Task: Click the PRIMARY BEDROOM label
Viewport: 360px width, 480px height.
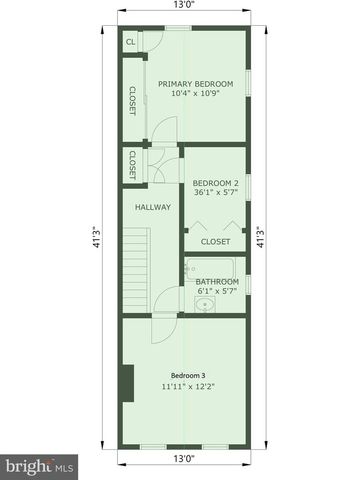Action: [x=195, y=84]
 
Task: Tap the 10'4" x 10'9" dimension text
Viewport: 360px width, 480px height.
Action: [x=195, y=97]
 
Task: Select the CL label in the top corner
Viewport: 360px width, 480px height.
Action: [x=131, y=43]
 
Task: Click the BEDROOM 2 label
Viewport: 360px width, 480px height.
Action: [x=215, y=183]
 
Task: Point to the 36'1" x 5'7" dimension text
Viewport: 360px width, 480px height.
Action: [x=215, y=194]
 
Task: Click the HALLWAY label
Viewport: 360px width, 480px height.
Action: [x=153, y=207]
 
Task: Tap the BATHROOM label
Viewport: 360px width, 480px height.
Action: [x=217, y=282]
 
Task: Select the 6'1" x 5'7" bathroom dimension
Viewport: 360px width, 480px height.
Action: [x=217, y=293]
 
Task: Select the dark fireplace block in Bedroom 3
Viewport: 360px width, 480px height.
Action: [x=128, y=383]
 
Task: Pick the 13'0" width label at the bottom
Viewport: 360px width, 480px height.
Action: [x=182, y=459]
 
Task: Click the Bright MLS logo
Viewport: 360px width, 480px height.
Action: [x=40, y=466]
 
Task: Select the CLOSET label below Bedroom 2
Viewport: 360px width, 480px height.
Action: [x=215, y=241]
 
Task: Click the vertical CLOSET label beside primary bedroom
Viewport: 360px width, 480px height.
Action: [x=131, y=101]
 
